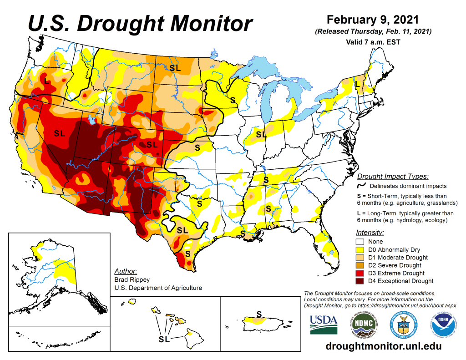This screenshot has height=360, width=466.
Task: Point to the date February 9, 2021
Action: coord(372,20)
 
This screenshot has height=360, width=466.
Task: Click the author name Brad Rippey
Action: coord(132,280)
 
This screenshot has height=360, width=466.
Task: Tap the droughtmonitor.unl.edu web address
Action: coord(384,346)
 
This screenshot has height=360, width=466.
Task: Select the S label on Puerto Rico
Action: coord(259,314)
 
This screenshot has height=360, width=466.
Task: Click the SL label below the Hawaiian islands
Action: coord(164,339)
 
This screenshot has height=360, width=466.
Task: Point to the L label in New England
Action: coord(357,84)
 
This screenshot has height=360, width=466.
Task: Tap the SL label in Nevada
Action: coord(59,133)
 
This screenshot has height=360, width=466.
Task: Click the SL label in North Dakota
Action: coord(175,68)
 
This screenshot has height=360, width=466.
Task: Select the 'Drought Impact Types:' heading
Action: coord(392,177)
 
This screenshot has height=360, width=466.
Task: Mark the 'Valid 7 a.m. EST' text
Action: coord(372,42)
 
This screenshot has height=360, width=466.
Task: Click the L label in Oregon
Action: coord(47,81)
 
